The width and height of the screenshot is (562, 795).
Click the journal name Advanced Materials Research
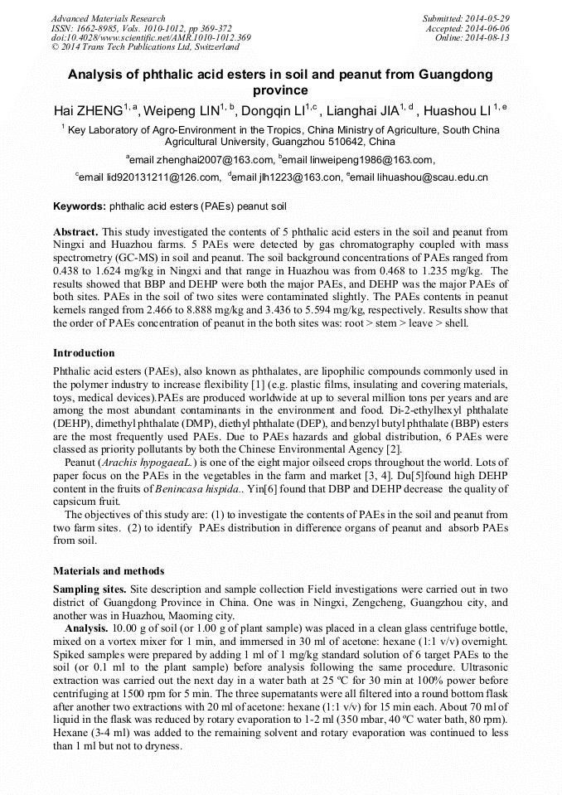coord(108,18)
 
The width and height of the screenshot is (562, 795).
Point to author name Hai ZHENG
coord(88,110)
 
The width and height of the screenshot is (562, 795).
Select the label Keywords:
coord(80,206)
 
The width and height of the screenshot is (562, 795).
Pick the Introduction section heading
coord(84,353)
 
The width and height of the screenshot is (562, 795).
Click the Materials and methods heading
coord(109,571)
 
